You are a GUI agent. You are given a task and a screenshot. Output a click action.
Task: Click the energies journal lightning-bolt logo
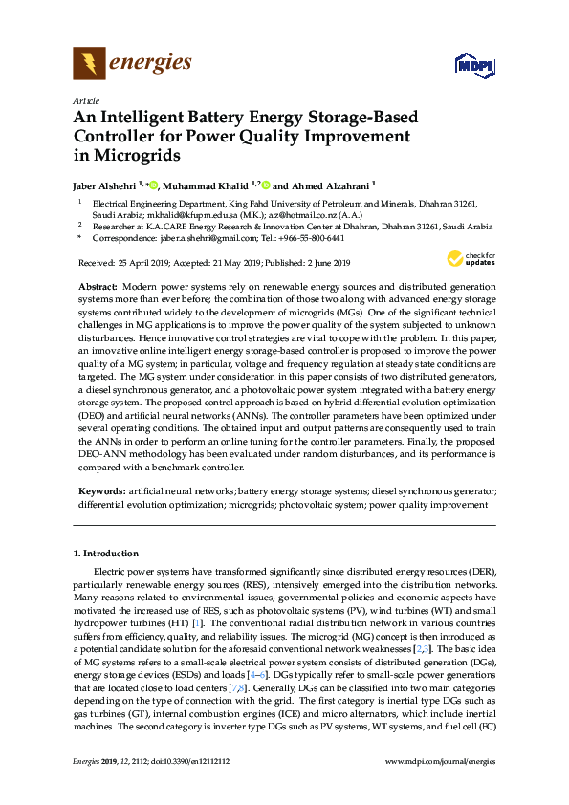tap(90, 64)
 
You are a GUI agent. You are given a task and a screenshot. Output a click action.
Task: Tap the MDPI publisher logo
tap(475, 65)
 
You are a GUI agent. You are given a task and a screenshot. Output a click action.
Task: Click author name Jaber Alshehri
tap(105, 185)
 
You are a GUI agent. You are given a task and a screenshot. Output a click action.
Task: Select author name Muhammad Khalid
tap(207, 185)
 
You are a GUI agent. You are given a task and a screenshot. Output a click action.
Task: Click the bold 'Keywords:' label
tap(101, 490)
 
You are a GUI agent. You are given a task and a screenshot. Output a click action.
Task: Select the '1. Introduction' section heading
tap(105, 554)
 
